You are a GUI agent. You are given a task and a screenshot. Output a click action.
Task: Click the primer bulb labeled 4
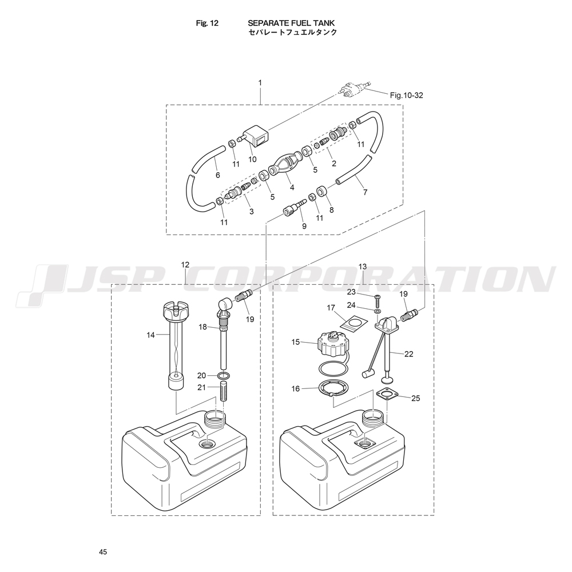tap(284, 165)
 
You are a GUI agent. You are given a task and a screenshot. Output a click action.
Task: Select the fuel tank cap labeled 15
tap(332, 345)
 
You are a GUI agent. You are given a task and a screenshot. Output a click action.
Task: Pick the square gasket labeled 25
tap(386, 398)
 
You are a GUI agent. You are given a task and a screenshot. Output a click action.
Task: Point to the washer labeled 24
tap(376, 311)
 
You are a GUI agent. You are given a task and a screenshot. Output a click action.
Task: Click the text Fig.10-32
tap(406, 96)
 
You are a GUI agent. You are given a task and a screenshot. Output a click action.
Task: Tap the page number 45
tap(103, 552)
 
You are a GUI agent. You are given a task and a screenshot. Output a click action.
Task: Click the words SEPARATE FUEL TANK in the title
tap(291, 23)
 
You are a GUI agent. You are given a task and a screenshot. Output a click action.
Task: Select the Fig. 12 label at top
tap(207, 23)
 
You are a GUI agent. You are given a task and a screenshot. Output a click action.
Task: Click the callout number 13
tap(362, 267)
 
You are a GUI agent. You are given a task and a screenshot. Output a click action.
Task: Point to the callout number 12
tap(185, 264)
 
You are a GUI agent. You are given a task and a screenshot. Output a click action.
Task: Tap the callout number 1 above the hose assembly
tap(260, 83)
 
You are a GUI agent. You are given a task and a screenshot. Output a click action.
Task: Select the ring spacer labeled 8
tap(323, 191)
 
